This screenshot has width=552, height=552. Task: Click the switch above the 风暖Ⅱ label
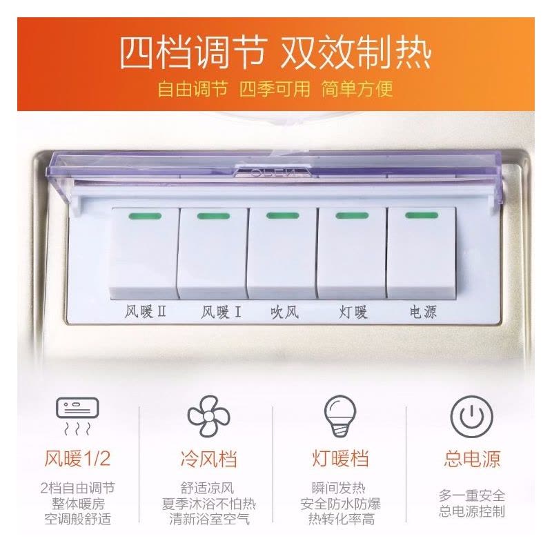coord(145,253)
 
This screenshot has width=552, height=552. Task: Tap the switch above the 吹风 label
coord(282,253)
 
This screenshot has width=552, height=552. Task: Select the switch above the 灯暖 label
coord(352,253)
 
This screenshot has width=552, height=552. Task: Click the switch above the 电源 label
coord(421,253)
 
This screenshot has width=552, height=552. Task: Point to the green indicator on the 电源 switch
coord(422,215)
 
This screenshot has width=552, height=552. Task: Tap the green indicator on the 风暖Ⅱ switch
coord(145,216)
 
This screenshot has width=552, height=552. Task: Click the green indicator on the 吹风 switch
coord(283,215)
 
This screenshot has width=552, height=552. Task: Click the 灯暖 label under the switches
coord(353,313)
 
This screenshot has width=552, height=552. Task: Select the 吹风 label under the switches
coord(284,313)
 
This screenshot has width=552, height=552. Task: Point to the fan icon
coord(208,416)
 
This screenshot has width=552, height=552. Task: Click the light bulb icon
coord(340,416)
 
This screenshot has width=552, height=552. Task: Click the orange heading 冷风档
coord(209,459)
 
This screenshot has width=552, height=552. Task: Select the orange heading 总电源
coord(472,459)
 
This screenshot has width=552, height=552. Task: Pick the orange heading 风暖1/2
coord(77,459)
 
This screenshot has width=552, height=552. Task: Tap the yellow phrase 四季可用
coord(275,89)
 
